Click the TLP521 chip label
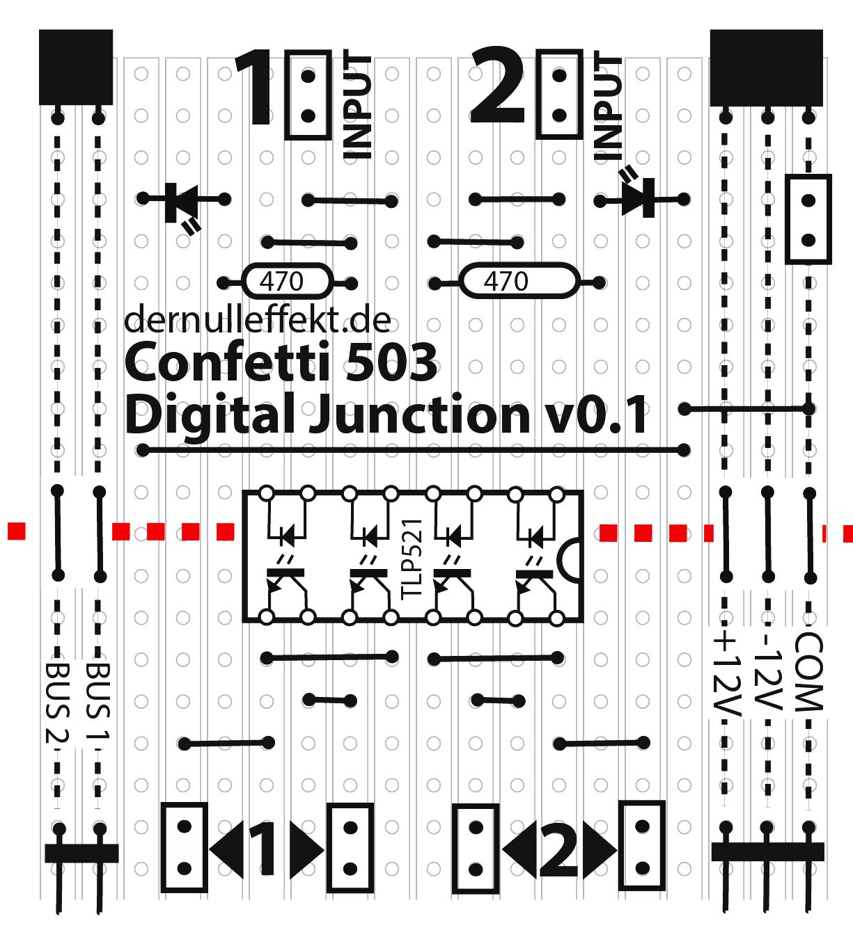pos(412,557)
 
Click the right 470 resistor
pos(518,282)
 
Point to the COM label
pos(808,672)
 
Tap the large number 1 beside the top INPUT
pos(255,89)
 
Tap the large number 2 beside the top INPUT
pos(498,87)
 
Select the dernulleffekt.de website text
pos(257,319)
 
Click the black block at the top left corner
pos(76,67)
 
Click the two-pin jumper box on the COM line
pos(808,220)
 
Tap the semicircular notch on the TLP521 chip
pos(570,559)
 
